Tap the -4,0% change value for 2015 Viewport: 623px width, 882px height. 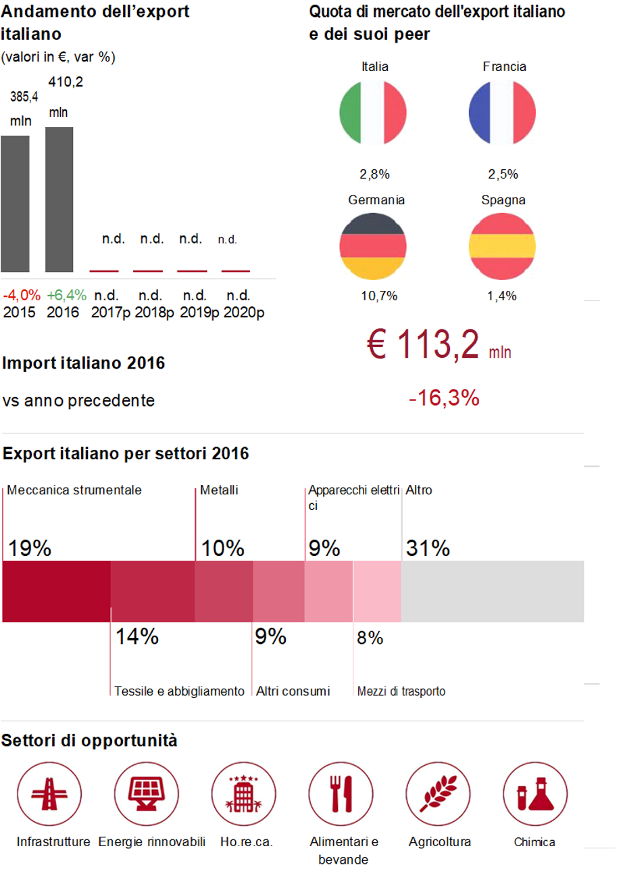(22, 296)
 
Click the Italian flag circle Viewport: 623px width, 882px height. (373, 112)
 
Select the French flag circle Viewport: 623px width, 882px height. (502, 112)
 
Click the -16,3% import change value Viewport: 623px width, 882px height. (444, 398)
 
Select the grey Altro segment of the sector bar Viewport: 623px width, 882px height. (493, 591)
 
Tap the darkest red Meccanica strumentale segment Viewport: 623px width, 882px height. (57, 591)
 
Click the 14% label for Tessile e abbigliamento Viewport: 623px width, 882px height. (136, 636)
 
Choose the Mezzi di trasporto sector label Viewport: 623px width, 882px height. (401, 691)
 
